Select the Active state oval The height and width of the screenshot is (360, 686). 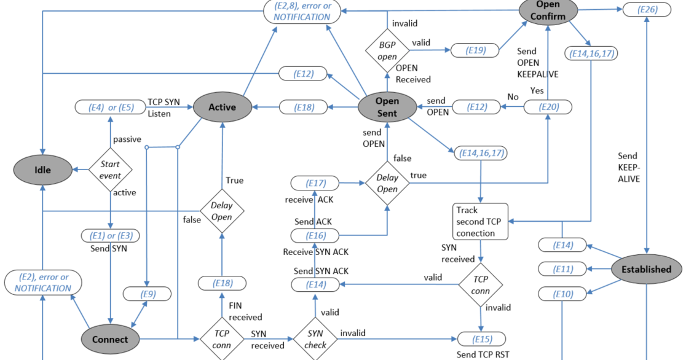222,107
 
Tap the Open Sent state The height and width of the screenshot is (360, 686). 387,107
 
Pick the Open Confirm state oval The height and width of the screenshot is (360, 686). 547,10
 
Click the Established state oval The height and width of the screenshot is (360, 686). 646,269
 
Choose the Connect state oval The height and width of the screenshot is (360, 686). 110,339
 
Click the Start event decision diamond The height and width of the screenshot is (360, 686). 110,169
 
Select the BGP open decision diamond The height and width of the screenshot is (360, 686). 387,49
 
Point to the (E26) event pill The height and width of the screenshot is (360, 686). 646,10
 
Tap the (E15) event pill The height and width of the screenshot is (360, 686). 482,338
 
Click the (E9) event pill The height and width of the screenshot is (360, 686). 148,294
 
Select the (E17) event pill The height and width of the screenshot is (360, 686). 314,182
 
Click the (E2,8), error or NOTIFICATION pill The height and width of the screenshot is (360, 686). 302,11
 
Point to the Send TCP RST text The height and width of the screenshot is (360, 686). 482,354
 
